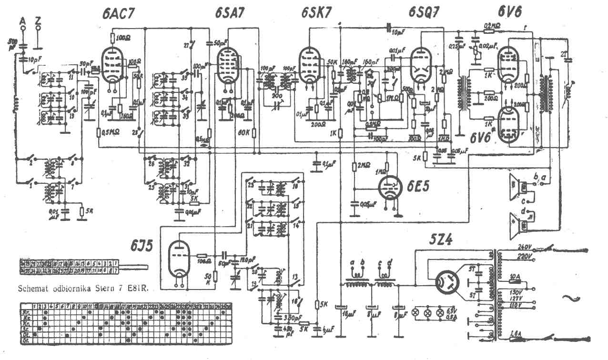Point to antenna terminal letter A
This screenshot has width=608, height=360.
(x=22, y=21)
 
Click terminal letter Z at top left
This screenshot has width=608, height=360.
(x=38, y=21)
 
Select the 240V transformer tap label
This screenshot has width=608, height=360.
(x=524, y=247)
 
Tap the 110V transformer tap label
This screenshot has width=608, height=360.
(x=525, y=304)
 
